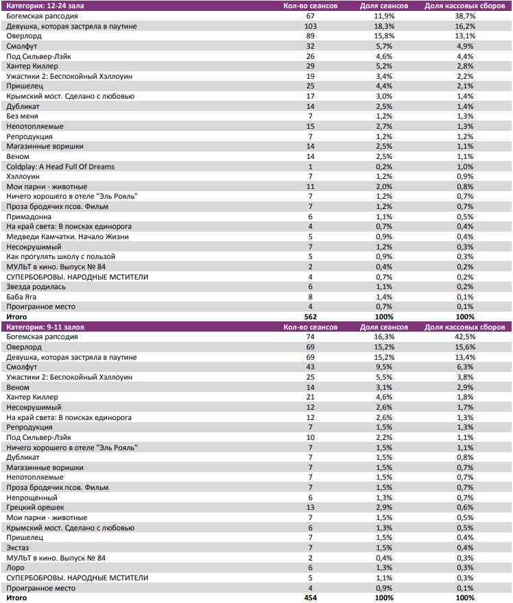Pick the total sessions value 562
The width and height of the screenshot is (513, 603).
click(310, 317)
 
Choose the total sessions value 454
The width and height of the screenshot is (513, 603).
click(310, 598)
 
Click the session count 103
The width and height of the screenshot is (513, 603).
click(310, 25)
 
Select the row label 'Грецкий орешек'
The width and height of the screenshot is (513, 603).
click(30, 508)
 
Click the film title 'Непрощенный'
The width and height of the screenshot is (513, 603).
click(27, 497)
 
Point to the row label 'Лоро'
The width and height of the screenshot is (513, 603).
click(15, 568)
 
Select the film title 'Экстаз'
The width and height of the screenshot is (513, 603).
click(17, 548)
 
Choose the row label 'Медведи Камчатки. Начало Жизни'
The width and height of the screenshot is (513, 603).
click(60, 236)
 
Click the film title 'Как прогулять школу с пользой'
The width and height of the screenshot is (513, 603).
click(55, 257)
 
